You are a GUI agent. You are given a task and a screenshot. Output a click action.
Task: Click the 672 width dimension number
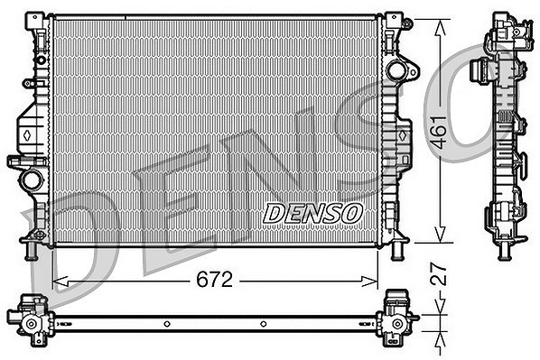point(214,280)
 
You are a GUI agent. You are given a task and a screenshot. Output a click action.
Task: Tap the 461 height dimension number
point(439,132)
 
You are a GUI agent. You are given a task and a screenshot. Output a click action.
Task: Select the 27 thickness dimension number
point(439,274)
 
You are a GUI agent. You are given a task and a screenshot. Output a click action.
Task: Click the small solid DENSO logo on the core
point(312,213)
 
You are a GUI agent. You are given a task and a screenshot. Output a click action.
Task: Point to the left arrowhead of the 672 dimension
point(61,282)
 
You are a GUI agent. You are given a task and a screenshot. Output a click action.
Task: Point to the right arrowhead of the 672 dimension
point(369,282)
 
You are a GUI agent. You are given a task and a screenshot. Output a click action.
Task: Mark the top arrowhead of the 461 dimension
point(441,27)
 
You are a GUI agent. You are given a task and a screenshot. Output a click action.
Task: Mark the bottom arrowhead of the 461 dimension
point(441,235)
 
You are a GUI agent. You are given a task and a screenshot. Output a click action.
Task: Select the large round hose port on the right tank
point(396,70)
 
